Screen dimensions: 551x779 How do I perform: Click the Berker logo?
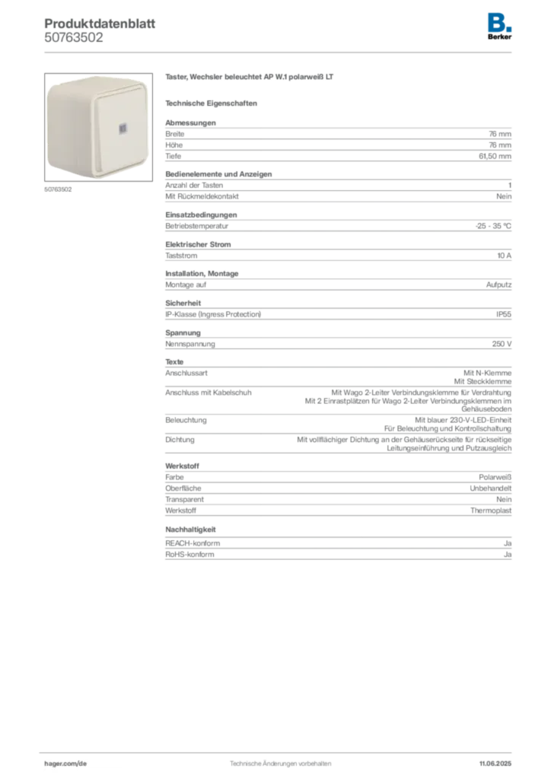coord(499,27)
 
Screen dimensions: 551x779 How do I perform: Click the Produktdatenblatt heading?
coord(100,24)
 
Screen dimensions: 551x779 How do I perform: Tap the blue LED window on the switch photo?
coord(123,129)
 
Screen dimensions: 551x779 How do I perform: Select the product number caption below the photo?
coord(58,189)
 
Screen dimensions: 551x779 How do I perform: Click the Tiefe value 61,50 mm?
coord(495,156)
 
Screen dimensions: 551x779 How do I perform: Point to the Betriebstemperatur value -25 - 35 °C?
coord(493,225)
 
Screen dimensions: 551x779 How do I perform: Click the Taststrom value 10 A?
coord(505,256)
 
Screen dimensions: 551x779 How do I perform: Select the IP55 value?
coord(504,314)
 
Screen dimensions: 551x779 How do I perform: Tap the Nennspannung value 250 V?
coord(502,344)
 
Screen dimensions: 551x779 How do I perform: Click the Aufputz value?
coord(498,285)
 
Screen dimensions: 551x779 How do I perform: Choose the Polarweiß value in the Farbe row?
coord(495,477)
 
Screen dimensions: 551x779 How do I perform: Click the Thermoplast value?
coord(491,510)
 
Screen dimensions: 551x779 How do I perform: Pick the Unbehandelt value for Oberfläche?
coord(491,488)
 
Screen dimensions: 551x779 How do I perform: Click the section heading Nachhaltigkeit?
coord(191,529)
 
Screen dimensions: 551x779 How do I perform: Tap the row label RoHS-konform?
coord(190,555)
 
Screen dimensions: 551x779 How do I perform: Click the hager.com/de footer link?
coord(65,764)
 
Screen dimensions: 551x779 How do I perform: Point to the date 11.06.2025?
coord(495,764)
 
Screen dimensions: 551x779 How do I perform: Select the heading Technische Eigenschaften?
coord(211,103)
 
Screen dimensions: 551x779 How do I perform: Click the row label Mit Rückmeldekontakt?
coord(202,196)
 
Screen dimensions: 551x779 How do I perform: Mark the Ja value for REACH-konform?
coord(508,543)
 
